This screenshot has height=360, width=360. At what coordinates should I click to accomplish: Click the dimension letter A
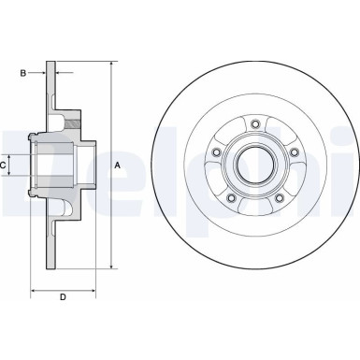tap(117, 166)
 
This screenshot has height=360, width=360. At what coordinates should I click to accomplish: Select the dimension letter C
tap(5, 166)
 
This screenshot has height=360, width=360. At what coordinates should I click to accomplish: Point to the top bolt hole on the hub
tap(253, 121)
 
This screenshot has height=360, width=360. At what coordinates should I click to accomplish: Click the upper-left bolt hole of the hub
tap(214, 151)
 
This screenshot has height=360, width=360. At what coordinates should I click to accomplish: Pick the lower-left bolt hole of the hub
tap(229, 197)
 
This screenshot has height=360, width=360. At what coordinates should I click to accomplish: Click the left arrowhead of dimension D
tap(35, 290)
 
